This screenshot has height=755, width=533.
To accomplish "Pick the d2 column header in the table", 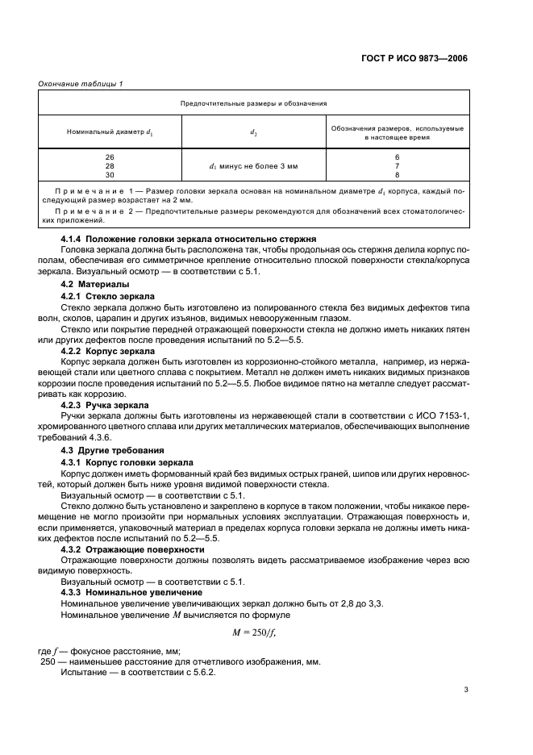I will pyautogui.click(x=253, y=132).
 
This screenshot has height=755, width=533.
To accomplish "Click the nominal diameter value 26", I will pyautogui.click(x=110, y=156).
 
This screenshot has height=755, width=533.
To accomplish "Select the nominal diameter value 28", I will pyautogui.click(x=110, y=165).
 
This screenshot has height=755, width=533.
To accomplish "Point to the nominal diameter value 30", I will pyautogui.click(x=110, y=174).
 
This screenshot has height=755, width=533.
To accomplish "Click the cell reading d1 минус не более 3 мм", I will pyautogui.click(x=253, y=165).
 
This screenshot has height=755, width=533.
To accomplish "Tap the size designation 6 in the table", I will pyautogui.click(x=397, y=156).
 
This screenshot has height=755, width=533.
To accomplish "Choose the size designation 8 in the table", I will pyautogui.click(x=397, y=174).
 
